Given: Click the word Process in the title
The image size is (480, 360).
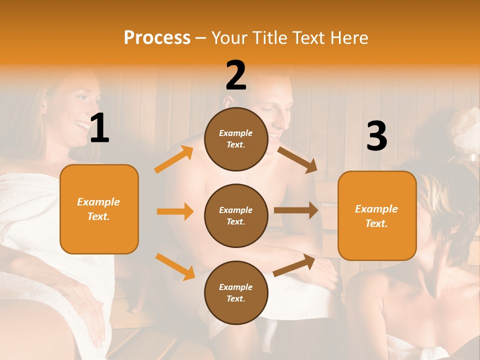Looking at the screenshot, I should [x=157, y=38].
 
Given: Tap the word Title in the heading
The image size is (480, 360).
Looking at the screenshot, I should [x=269, y=38].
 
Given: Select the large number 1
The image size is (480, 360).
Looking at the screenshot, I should [x=99, y=128].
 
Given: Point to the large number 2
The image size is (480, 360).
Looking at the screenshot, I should [x=236, y=75].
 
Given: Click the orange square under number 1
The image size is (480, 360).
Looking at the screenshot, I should [x=99, y=209].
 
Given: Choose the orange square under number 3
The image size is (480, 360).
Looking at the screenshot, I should [x=377, y=216].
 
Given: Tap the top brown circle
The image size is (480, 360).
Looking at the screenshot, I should [x=236, y=139].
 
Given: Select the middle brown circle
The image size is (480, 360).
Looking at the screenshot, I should [x=236, y=216].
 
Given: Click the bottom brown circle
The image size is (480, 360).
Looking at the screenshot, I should [x=236, y=292].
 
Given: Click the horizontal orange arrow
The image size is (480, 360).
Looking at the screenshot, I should [x=175, y=211].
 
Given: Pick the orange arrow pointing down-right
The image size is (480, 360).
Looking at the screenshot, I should [x=175, y=266].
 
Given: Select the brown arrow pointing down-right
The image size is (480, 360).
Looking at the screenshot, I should [x=297, y=159].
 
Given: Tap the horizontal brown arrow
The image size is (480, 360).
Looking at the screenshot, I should [x=296, y=210].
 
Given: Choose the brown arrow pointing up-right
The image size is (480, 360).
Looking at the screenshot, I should [x=294, y=265].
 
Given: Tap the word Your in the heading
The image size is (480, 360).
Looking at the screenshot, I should [x=229, y=38].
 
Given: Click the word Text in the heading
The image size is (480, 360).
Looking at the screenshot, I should [x=308, y=38].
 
